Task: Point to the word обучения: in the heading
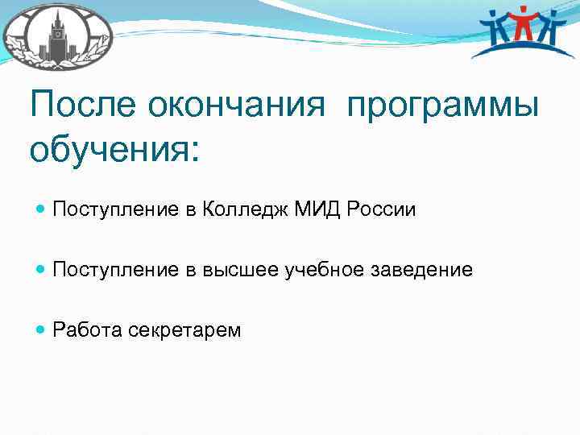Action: point(113,151)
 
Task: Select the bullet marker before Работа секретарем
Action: point(41,330)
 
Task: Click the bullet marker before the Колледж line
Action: point(41,210)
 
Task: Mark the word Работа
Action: point(87,330)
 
